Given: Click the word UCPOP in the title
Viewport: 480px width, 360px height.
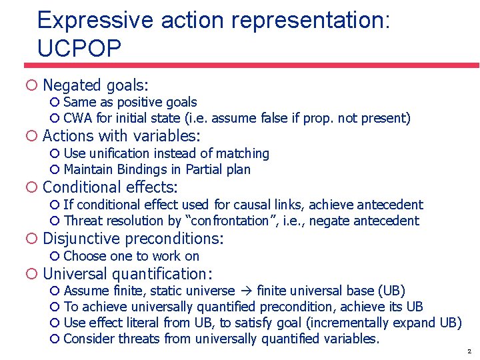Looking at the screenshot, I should pos(79,48).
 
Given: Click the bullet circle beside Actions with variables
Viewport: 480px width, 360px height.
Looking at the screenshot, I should pos(31,137).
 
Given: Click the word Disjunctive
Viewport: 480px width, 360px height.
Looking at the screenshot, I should pos(81,239).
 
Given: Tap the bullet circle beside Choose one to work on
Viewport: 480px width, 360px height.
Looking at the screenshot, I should pos(55,257).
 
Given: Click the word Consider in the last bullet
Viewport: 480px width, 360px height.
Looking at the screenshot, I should pos(89,339).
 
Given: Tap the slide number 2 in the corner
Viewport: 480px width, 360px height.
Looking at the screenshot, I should pos(469,351).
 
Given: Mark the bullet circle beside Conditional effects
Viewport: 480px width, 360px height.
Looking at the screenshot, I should pos(31,188).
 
